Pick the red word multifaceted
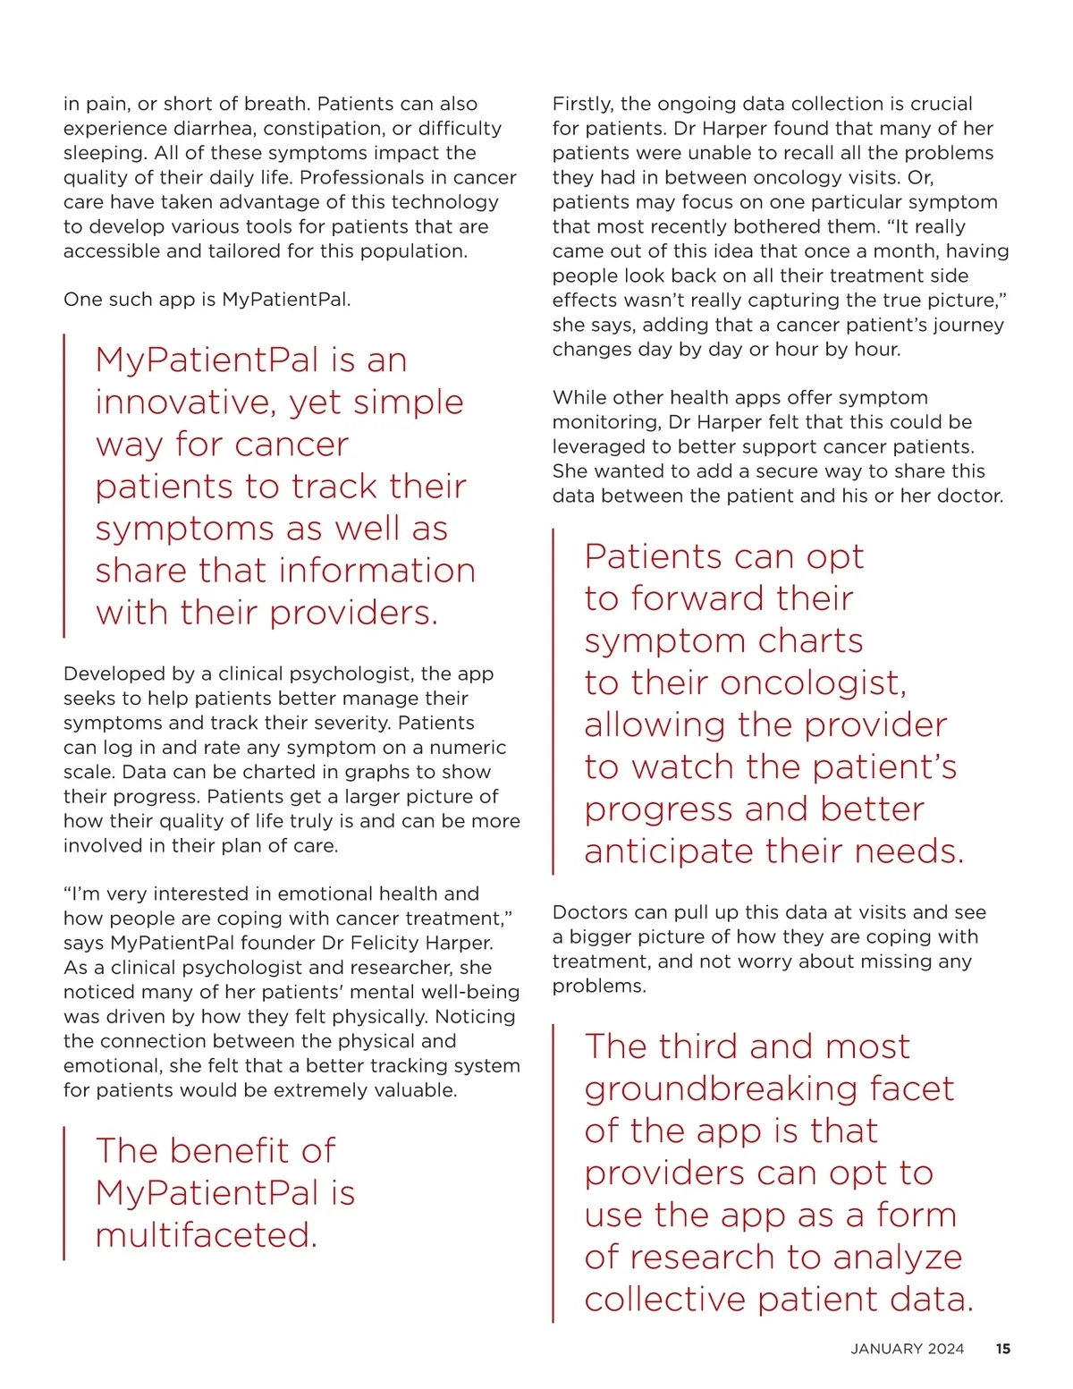tap(206, 1235)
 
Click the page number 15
tap(1003, 1349)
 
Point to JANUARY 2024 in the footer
tap(908, 1349)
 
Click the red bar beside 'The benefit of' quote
tap(64, 1193)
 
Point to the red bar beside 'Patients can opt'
tap(553, 702)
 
